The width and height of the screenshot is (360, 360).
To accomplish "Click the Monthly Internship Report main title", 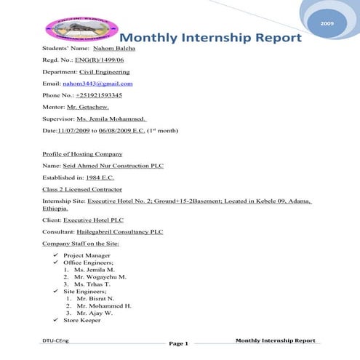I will point(209,38).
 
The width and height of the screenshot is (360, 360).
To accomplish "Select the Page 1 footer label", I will point(179,343).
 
